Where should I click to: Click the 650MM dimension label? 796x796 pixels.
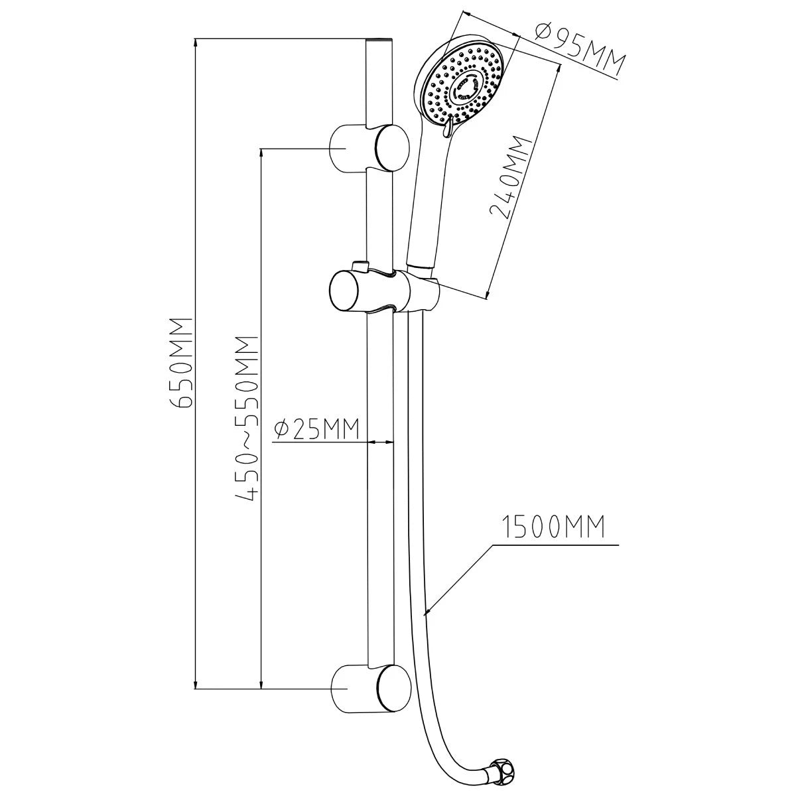point(180,363)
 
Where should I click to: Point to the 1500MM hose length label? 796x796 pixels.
point(553,527)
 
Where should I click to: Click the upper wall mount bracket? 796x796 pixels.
point(369,147)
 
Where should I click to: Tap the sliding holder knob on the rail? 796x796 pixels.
point(343,290)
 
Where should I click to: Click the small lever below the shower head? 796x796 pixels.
point(447,127)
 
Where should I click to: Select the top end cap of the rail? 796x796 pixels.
point(379,40)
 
